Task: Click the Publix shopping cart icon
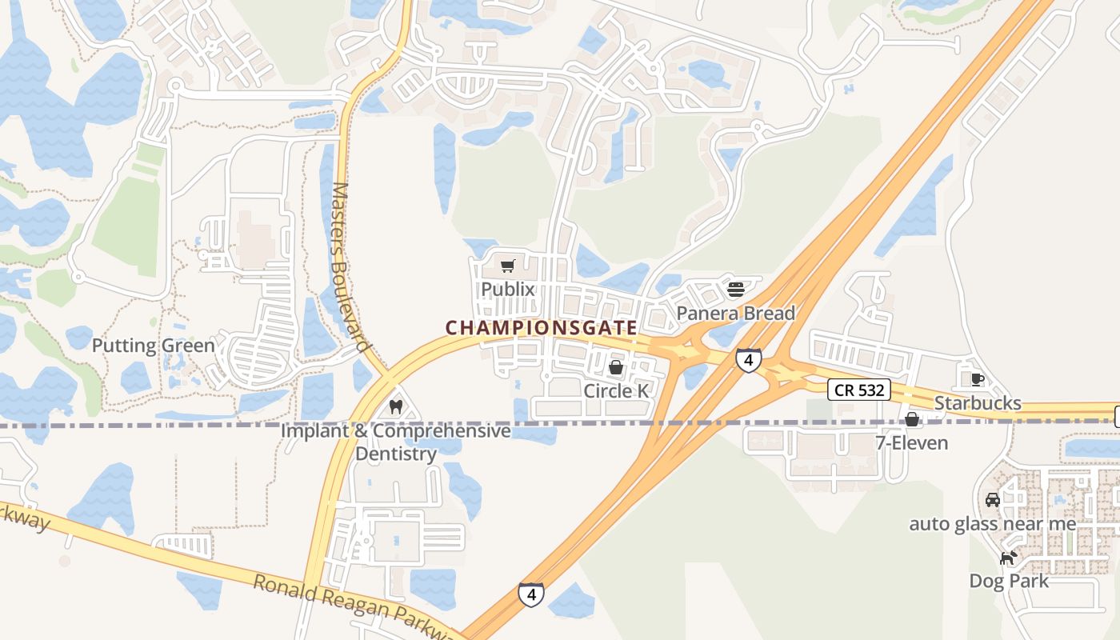point(507,266)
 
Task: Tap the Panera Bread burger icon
point(736,289)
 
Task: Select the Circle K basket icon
point(616,367)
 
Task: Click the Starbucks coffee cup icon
point(977,379)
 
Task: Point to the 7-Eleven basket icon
point(911,419)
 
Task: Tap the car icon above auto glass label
point(993,500)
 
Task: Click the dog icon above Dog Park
point(1009,557)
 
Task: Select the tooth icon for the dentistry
point(394,406)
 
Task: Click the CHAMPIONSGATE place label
point(541,328)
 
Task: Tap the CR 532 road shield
point(858,390)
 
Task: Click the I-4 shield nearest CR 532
point(748,361)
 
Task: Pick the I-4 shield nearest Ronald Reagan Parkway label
point(531,594)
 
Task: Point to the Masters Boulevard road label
point(352,268)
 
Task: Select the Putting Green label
point(154,346)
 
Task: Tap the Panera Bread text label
point(736,313)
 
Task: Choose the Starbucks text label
point(978,403)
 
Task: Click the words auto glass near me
point(992,524)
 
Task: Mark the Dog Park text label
point(1009,581)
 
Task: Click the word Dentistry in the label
point(396,454)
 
